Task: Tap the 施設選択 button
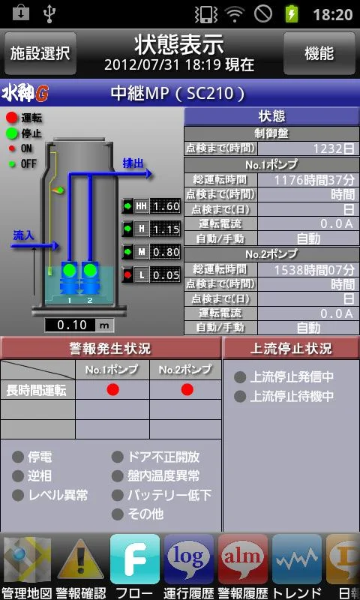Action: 40,53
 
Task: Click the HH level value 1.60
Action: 165,207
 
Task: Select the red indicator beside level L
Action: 127,274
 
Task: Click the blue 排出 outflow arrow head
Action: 148,174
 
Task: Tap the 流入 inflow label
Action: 23,235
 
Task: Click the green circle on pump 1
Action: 69,270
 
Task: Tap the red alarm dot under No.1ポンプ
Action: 112,389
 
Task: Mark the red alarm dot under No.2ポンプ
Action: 187,389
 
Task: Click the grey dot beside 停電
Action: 18,457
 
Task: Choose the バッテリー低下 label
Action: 169,495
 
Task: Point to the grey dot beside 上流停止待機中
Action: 240,397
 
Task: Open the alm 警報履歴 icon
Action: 243,559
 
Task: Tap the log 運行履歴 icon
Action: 189,559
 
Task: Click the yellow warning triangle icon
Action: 81,560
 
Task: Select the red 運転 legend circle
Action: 12,118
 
